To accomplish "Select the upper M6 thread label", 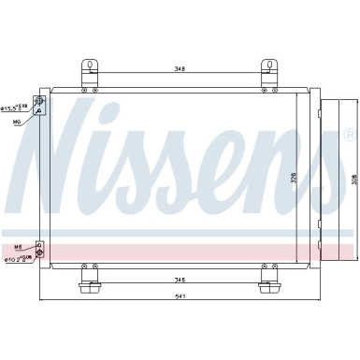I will [x=15, y=120].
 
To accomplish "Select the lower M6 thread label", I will [x=16, y=221].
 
